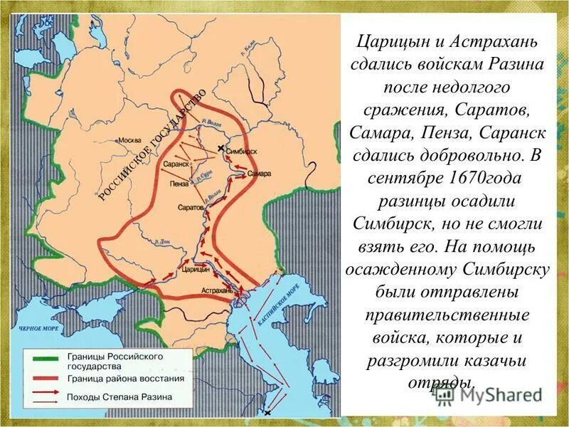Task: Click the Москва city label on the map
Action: click(x=130, y=139)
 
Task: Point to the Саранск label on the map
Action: click(x=175, y=164)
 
